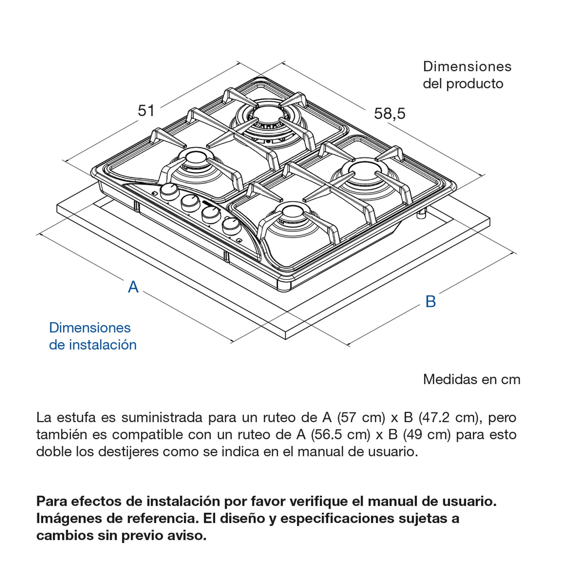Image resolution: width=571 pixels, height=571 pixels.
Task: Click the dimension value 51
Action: pyautogui.click(x=146, y=111)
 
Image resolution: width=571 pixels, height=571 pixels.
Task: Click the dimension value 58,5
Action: pyautogui.click(x=389, y=114)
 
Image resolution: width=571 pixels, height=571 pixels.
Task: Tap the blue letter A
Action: pyautogui.click(x=133, y=287)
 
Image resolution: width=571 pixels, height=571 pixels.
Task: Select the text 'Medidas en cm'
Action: pyautogui.click(x=471, y=379)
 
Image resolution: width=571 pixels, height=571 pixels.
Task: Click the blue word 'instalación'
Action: pyautogui.click(x=102, y=345)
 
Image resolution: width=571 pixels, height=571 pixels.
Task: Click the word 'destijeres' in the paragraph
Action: pyautogui.click(x=128, y=452)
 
